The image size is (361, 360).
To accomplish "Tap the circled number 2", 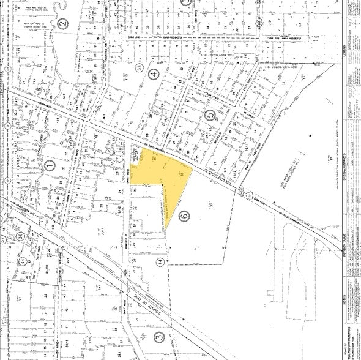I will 62,24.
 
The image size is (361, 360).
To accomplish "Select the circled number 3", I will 158,336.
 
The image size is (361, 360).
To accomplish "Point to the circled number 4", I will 154,74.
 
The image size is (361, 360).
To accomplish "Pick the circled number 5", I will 210,114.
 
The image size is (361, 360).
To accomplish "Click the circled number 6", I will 184,216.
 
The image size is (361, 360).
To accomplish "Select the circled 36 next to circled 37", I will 21,236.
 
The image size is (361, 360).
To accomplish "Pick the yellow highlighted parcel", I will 162,178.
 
